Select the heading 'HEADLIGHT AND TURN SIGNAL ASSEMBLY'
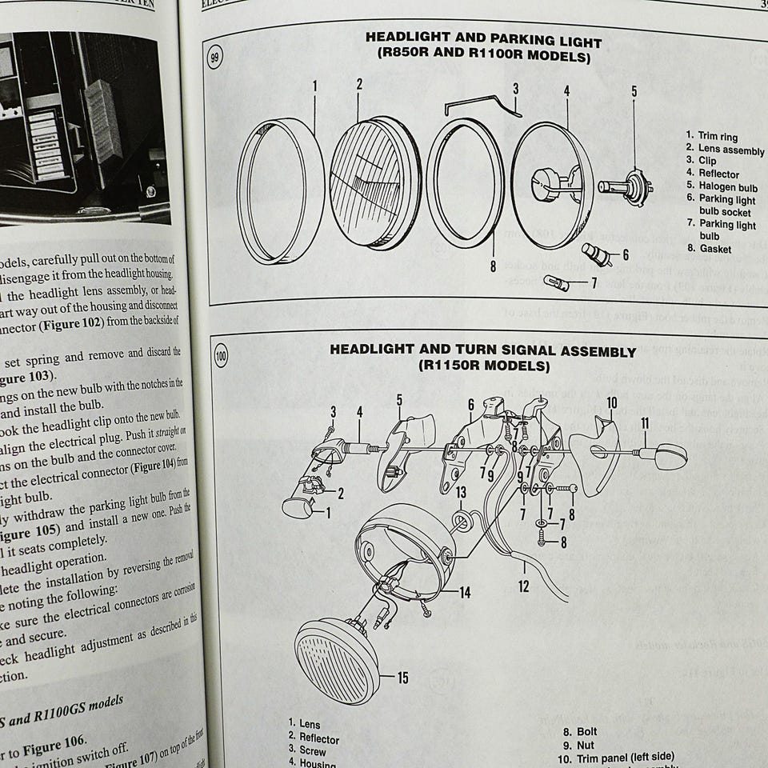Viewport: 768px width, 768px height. (x=483, y=351)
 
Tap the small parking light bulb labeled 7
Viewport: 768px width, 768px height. (x=558, y=283)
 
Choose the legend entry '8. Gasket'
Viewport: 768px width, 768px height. (x=704, y=249)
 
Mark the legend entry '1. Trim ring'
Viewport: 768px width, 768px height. (x=712, y=137)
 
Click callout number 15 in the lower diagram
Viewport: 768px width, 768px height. (x=402, y=678)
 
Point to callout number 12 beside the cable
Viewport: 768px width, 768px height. (x=523, y=586)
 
